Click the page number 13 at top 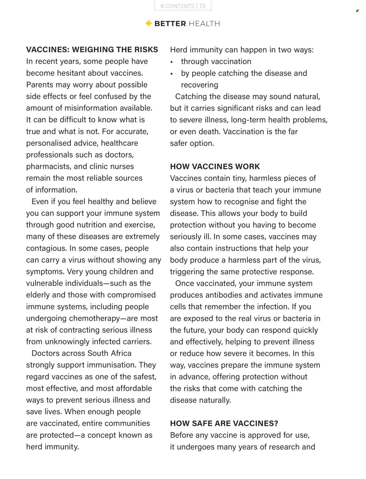[202, 6]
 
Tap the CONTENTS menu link [177, 6]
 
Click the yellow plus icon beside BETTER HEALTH [149, 23]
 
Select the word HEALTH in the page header [204, 24]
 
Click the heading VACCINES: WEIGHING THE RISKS [92, 49]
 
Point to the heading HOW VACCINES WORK [215, 166]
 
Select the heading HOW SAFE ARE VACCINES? [224, 423]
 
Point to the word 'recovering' [199, 85]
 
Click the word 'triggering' [187, 272]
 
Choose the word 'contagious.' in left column [46, 248]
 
